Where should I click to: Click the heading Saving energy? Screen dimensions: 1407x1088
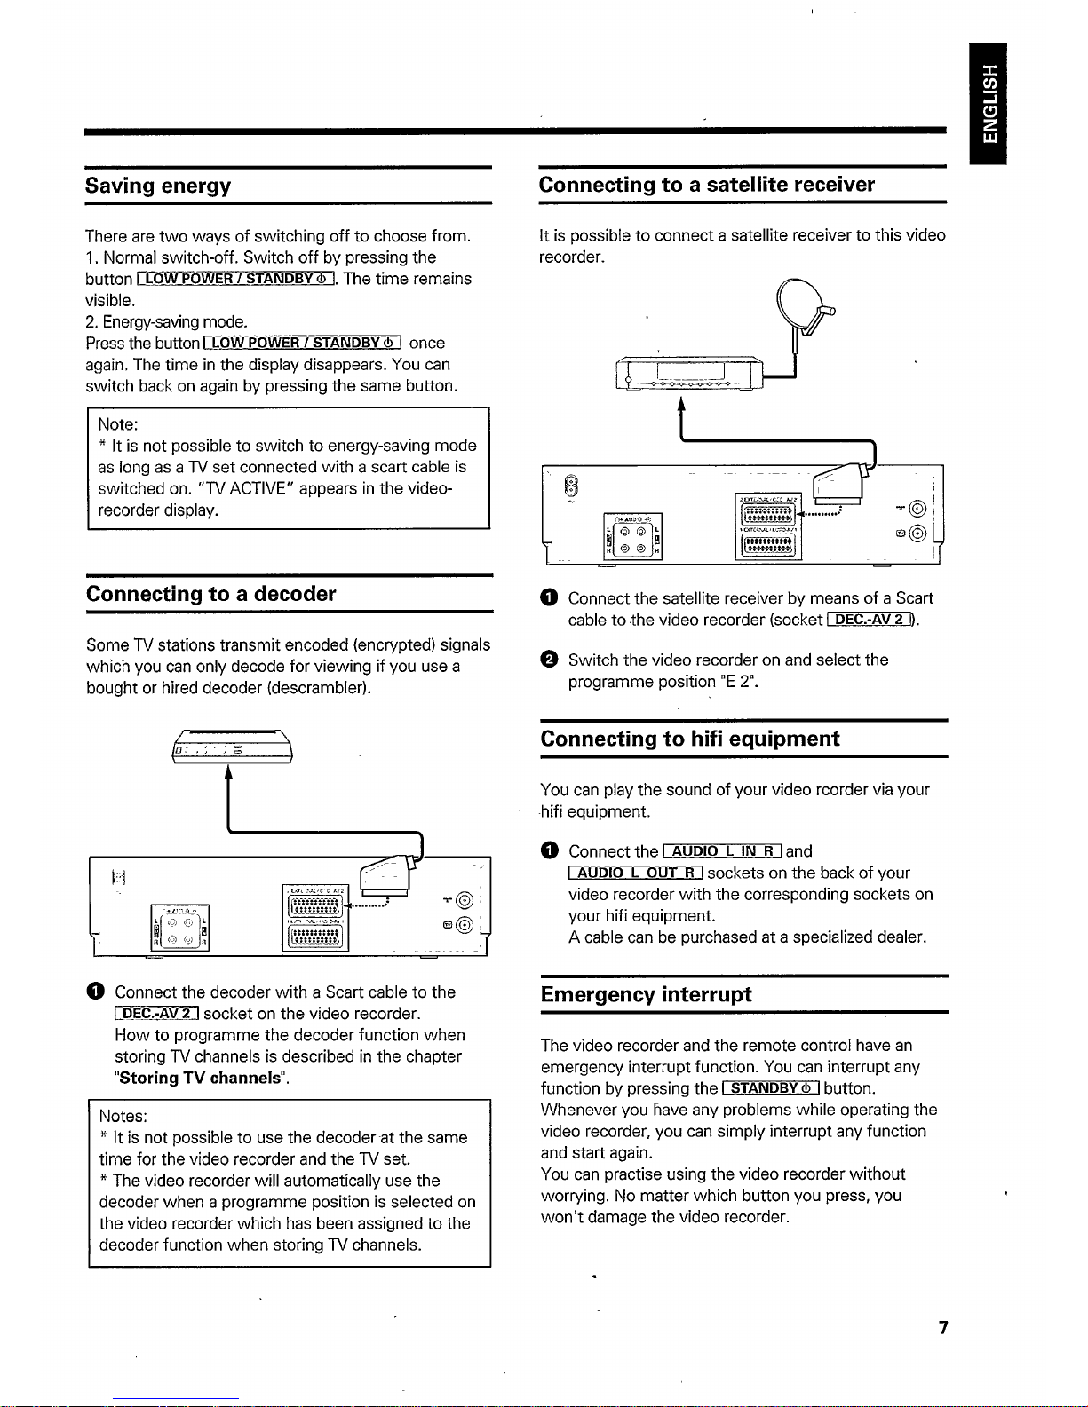click(x=158, y=186)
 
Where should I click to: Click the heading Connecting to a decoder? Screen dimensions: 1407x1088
click(x=210, y=594)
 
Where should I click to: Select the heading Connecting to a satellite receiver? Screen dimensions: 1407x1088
click(x=706, y=185)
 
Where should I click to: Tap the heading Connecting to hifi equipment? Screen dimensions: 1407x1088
click(x=689, y=739)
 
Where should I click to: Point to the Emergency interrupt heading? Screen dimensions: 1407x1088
click(x=646, y=994)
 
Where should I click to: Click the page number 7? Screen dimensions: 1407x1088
click(x=942, y=1327)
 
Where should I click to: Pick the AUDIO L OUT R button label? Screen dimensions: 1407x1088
click(x=636, y=873)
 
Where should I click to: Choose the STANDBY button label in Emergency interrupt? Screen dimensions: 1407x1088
click(x=770, y=1088)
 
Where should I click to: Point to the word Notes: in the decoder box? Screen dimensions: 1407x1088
click(x=123, y=1116)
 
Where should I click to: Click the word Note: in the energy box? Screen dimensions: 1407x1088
click(x=118, y=424)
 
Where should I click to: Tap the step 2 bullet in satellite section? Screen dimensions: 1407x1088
click(x=548, y=660)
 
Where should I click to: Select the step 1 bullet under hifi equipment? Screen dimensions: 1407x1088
click(x=548, y=851)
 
